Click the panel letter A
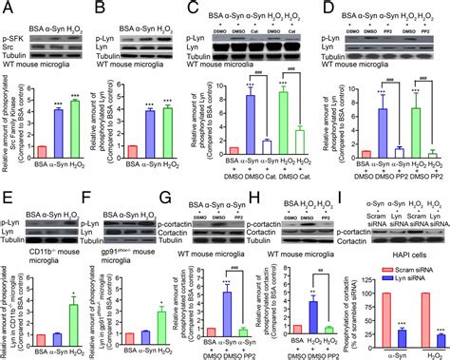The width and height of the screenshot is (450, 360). (7, 8)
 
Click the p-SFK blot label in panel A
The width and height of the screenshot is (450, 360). (14, 31)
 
